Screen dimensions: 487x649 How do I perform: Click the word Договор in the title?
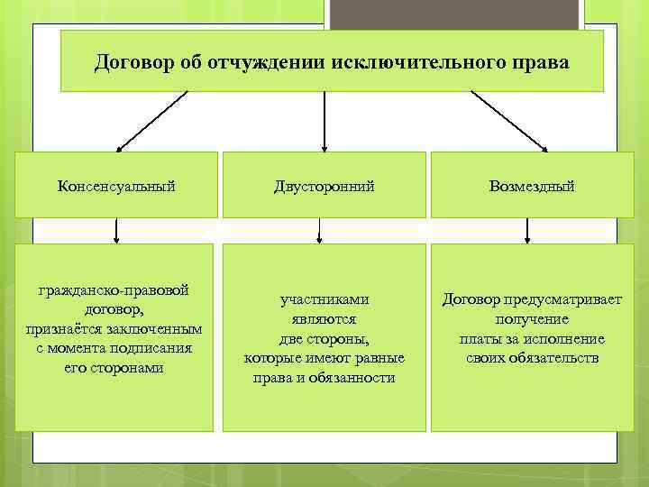coord(133,63)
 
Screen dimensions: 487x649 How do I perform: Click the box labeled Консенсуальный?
coord(116,185)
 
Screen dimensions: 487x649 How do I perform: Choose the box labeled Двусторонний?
coord(324,185)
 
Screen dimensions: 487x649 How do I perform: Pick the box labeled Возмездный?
coord(532,185)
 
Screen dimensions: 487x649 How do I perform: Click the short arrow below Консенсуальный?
coord(116,231)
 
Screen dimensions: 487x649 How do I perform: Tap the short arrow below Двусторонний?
coord(317,231)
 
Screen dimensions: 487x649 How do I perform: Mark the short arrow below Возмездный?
coord(527,231)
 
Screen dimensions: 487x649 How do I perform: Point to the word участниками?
coord(324,299)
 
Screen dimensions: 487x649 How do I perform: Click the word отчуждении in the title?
coord(268,63)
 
